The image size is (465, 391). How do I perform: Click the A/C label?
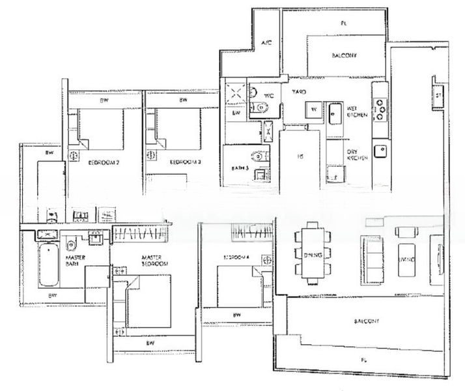pos(266,43)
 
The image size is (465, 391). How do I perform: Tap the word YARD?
pos(299,91)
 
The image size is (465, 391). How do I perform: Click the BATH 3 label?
pos(242,168)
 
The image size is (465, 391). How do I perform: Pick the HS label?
pos(300,156)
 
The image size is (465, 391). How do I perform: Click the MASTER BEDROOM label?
pos(155,261)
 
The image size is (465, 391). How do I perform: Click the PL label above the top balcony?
pos(343,23)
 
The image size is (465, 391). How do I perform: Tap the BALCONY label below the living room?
pos(367,321)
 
